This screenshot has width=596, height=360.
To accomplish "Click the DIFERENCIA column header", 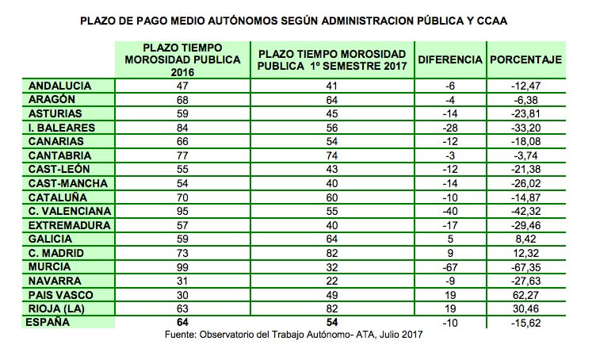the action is pos(450,60).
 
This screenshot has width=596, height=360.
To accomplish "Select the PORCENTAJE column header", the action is pos(525,60).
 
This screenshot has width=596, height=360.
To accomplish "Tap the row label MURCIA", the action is pos(49,267).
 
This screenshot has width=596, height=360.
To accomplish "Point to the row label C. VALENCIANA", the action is pos(70,211).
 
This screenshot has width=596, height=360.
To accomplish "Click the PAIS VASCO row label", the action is pos(61,295).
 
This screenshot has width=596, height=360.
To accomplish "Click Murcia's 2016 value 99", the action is pos(182,267).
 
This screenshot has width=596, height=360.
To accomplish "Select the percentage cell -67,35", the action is pos(525,267).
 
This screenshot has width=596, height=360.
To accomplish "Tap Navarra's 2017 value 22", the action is pos(332,281).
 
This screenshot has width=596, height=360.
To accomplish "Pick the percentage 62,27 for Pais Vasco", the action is pos(525,296).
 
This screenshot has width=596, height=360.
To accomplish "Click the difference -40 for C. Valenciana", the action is pos(450,212).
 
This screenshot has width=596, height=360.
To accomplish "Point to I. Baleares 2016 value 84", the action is pos(182,128).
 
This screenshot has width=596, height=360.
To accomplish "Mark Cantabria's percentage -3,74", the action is pos(525,156).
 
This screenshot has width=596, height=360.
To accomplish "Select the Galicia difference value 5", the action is pos(450,239).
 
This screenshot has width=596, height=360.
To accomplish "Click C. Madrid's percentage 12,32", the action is pos(525,253).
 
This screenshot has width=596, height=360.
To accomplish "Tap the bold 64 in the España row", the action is pos(182,323).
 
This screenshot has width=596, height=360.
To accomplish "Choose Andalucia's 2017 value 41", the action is pos(332,86).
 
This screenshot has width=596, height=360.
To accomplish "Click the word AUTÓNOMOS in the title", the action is pos(243,21).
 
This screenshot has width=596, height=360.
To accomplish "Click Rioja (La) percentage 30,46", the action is pos(525,309).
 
